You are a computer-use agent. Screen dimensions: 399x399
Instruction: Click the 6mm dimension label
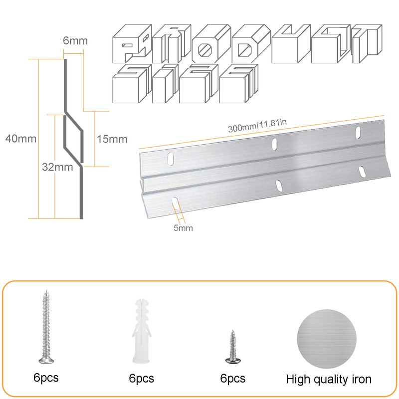(x=74, y=41)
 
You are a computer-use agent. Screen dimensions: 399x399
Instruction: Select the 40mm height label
(x=20, y=138)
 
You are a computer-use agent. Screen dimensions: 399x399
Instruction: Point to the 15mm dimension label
(x=112, y=139)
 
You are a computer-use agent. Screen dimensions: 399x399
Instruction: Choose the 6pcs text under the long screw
(x=46, y=378)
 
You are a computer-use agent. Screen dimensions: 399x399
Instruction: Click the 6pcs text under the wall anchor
(x=141, y=379)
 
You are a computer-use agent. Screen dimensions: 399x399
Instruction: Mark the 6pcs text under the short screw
(x=232, y=379)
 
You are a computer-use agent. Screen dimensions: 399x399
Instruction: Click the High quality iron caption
(x=329, y=379)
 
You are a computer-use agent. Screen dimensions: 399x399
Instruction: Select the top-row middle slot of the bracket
(x=273, y=145)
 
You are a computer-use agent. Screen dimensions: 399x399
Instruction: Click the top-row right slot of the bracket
(x=358, y=132)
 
